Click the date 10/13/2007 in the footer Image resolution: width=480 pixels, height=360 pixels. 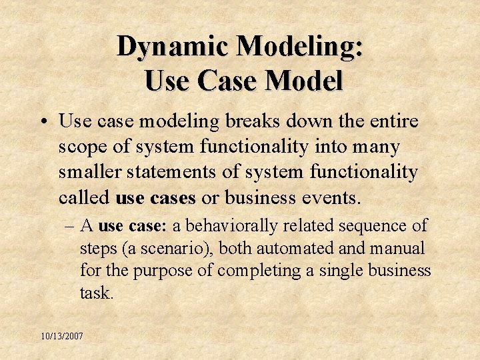click(x=61, y=336)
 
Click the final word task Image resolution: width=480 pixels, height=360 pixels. click(x=95, y=293)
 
